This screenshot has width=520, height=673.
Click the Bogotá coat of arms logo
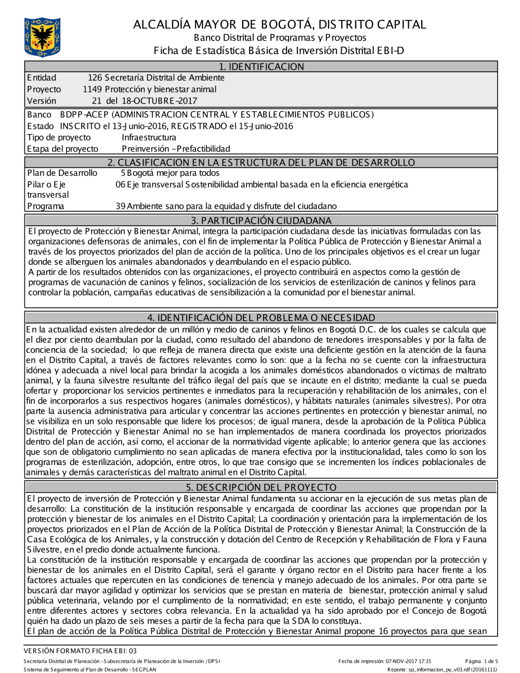[x=42, y=37]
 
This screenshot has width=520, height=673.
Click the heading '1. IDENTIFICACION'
[x=261, y=67]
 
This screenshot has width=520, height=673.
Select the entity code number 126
[x=95, y=78]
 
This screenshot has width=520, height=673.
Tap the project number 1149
[x=92, y=89]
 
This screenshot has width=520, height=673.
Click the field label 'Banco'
[x=39, y=114]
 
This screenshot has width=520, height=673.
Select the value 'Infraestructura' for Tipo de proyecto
[x=149, y=137]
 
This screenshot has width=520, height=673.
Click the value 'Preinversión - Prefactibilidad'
[x=176, y=149]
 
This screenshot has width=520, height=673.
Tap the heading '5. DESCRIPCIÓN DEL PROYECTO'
[x=261, y=487]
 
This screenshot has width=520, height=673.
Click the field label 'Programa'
[x=46, y=206]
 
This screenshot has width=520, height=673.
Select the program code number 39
[x=120, y=206]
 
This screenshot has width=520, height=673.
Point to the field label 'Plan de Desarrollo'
[x=62, y=173]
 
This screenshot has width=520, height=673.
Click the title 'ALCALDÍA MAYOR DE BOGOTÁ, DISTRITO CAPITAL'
[x=279, y=24]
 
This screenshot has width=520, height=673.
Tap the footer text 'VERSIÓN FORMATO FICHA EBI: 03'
[x=80, y=651]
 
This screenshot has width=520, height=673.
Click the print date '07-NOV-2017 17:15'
[x=408, y=662]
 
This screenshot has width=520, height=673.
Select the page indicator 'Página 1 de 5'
[x=482, y=662]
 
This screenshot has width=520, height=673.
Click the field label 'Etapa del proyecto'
[x=62, y=149]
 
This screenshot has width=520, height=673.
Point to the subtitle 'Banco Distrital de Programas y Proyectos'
[x=280, y=37]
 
